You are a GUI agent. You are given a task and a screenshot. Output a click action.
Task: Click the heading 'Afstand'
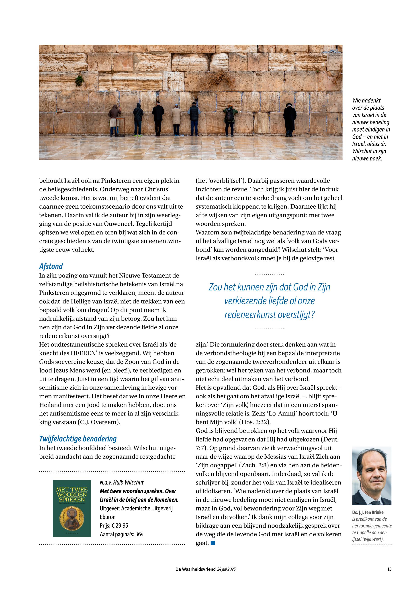click(51, 266)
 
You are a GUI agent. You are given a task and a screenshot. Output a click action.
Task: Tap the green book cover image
click(72, 508)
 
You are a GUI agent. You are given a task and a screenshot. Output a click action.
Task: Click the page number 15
click(389, 569)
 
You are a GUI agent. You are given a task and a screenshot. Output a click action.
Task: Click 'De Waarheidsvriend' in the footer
click(195, 569)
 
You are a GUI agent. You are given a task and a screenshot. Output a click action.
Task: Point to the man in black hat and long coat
click(290, 120)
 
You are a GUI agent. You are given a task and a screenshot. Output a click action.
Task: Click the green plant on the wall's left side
click(79, 81)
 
